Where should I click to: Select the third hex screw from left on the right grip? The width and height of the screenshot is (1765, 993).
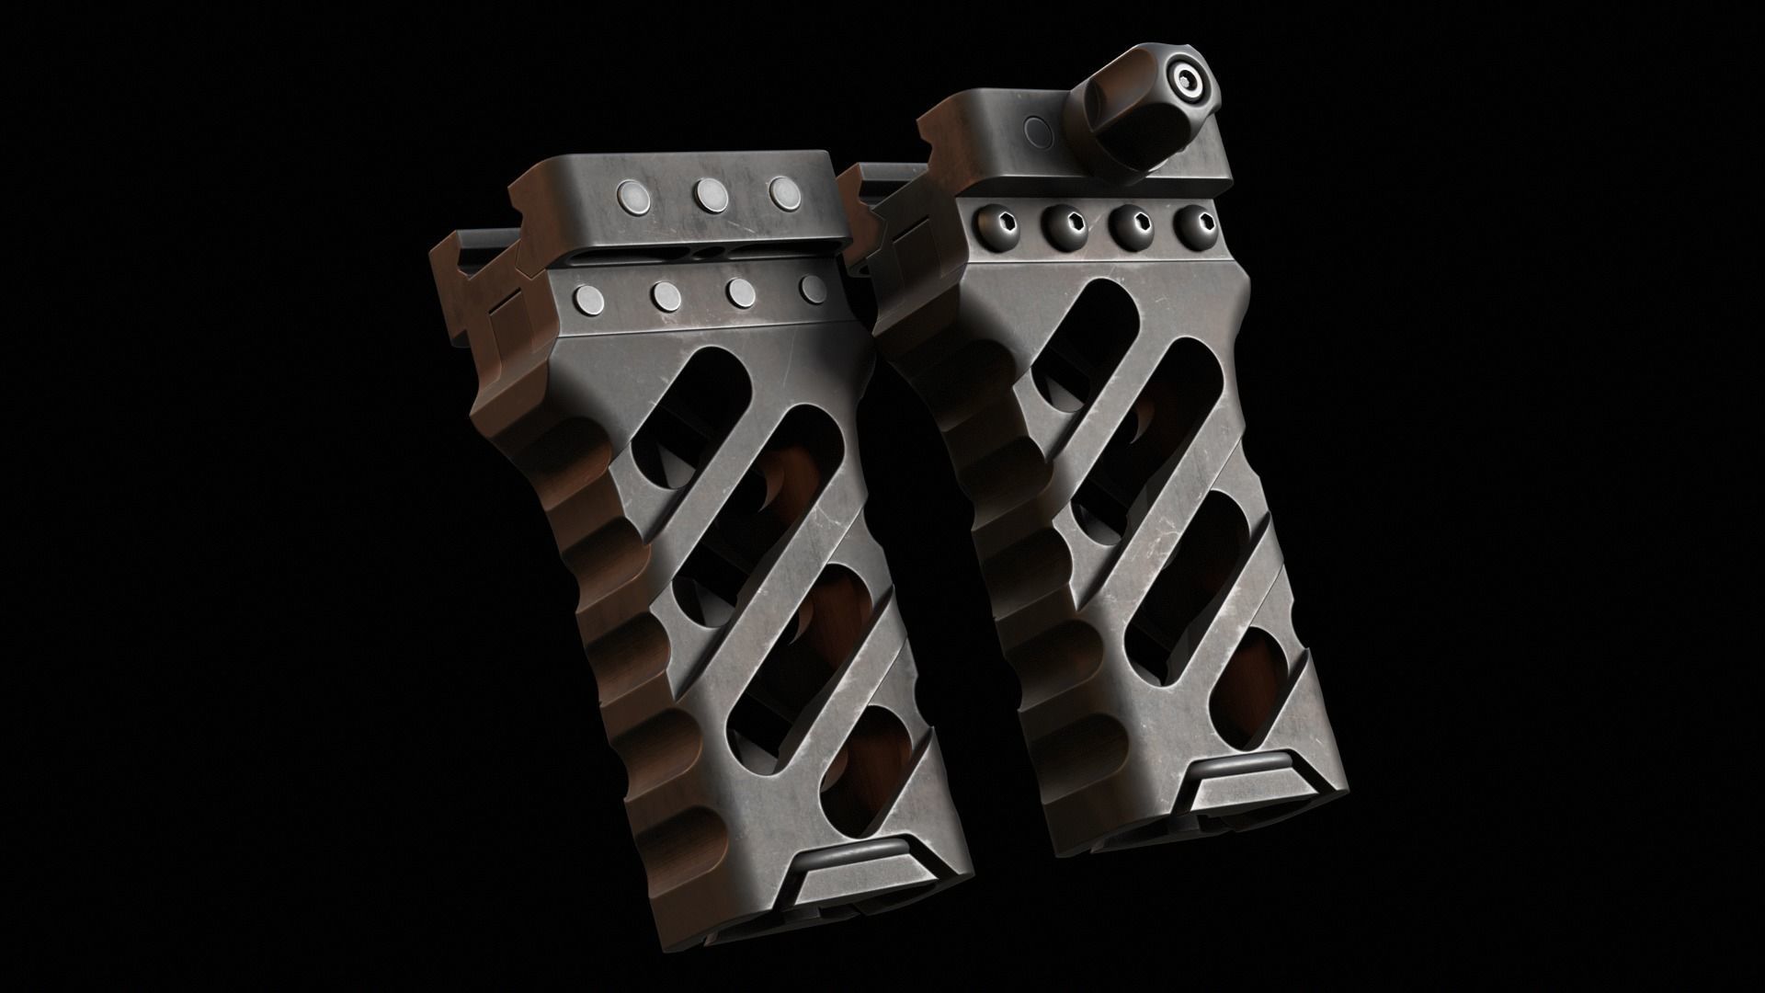(x=1129, y=223)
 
